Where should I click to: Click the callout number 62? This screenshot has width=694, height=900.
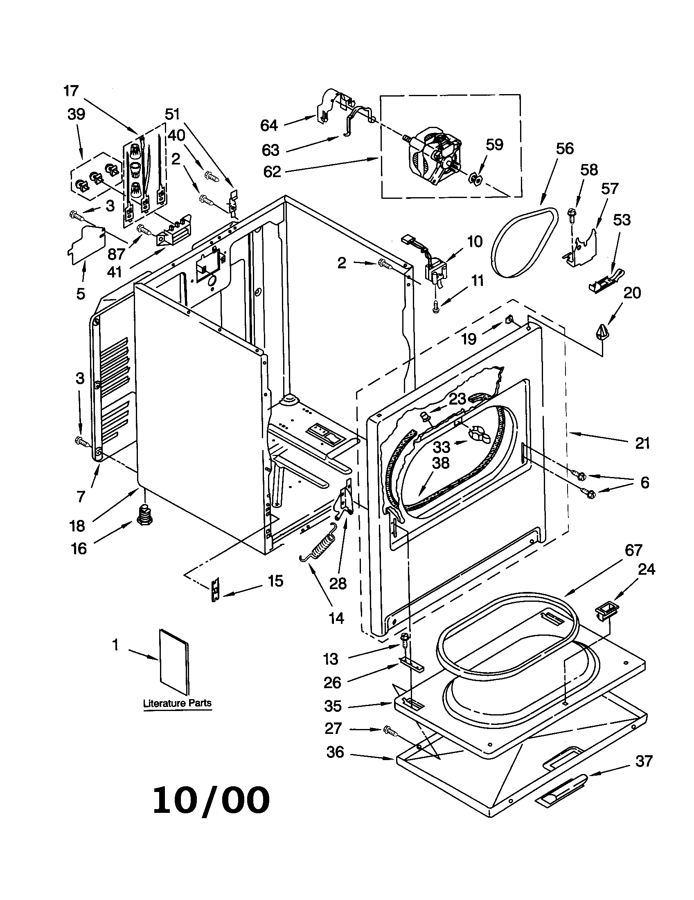tap(272, 171)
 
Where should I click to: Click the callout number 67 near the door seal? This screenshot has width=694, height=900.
tap(633, 550)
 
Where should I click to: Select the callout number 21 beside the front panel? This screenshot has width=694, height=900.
tap(642, 443)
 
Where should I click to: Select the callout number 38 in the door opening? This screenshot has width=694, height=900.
tap(441, 463)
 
